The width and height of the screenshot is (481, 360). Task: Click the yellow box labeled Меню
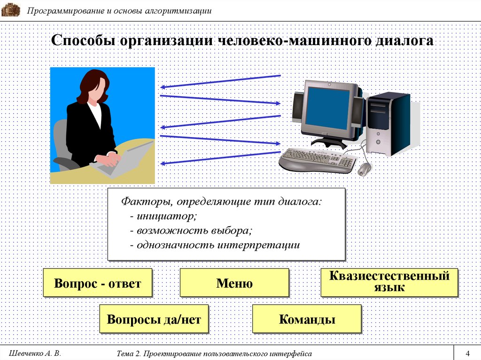[234, 283]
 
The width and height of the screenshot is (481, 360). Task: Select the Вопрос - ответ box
[98, 283]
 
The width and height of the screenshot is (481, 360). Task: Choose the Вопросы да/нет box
[154, 319]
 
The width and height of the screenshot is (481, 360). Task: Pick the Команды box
[307, 319]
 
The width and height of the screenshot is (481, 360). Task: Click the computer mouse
[365, 169]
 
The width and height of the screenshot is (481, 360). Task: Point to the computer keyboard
[318, 160]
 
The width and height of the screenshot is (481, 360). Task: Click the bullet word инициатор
[165, 216]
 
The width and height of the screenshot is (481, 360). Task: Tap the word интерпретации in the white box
[259, 245]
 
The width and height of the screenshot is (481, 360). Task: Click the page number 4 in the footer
[467, 353]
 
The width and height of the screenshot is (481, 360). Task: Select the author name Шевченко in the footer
[26, 353]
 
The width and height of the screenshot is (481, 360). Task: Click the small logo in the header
[11, 10]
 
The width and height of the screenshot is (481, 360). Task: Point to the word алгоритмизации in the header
[178, 11]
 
